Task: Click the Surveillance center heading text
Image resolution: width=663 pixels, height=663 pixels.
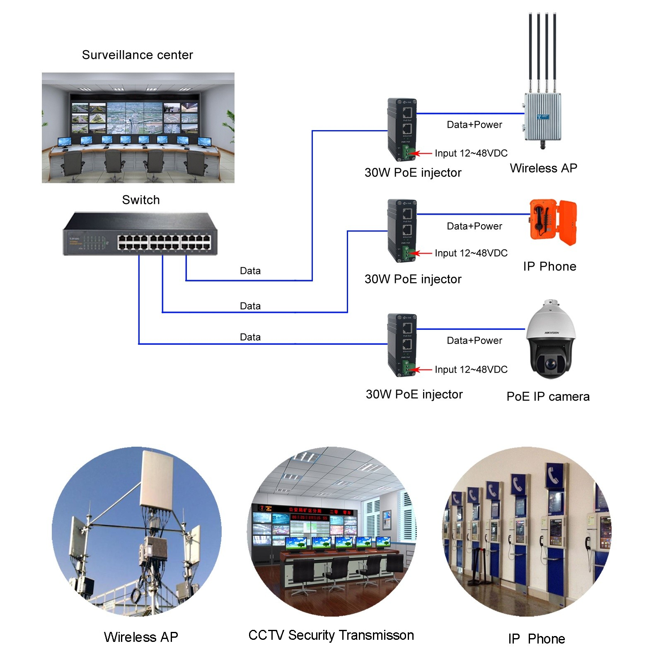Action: pos(137,55)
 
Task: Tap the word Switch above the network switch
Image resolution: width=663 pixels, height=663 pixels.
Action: pos(141,200)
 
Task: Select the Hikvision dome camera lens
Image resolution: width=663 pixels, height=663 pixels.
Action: pos(550,364)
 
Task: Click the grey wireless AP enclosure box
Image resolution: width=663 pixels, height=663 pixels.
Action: pos(543,117)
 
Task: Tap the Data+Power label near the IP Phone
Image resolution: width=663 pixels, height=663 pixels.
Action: pos(474,226)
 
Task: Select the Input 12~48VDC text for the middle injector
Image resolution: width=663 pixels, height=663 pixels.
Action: pos(471,253)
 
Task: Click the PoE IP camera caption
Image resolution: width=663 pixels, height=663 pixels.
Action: pos(547,397)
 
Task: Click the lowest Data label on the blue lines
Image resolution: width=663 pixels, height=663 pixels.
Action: pos(250,337)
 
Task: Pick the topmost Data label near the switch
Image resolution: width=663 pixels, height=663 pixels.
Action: pos(250,271)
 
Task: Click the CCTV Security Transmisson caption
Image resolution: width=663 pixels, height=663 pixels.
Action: pos(331,635)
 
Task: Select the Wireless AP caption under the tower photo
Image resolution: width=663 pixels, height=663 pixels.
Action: pos(141,637)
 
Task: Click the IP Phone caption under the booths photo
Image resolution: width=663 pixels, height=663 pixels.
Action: pos(536,639)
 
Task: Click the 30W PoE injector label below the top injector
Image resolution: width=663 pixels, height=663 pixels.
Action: pos(413,173)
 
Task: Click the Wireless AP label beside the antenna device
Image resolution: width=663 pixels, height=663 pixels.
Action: pos(543,168)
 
